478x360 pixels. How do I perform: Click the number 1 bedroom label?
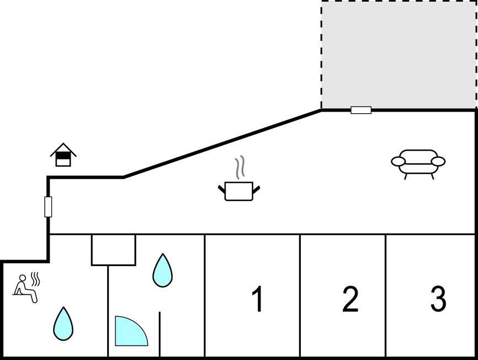pyautogui.click(x=257, y=299)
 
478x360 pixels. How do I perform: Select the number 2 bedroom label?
pyautogui.click(x=350, y=299)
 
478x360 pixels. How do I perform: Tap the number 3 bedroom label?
pyautogui.click(x=438, y=299)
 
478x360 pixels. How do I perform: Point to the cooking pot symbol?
pyautogui.click(x=239, y=191)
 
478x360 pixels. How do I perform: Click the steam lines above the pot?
pyautogui.click(x=239, y=168)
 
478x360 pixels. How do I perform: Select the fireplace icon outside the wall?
pyautogui.click(x=63, y=155)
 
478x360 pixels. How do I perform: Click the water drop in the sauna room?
pyautogui.click(x=63, y=324)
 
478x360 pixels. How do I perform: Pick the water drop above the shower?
pyautogui.click(x=162, y=271)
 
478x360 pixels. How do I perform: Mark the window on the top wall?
pyautogui.click(x=361, y=110)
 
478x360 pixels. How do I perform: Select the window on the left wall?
pyautogui.click(x=48, y=207)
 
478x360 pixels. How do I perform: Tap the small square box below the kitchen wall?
pyautogui.click(x=113, y=250)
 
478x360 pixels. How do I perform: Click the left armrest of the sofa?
pyautogui.click(x=399, y=161)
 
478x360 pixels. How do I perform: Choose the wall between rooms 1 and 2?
pyautogui.click(x=300, y=295)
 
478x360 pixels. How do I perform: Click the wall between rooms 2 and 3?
pyautogui.click(x=386, y=295)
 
